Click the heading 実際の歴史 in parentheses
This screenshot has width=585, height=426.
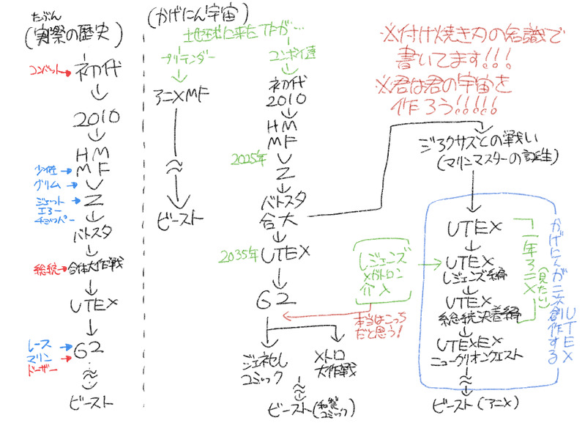(x=72, y=34)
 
